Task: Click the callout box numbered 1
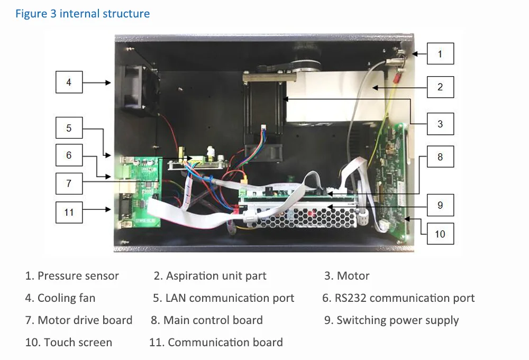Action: pos(440,53)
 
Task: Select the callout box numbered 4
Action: pos(69,82)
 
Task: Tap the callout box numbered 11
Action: pos(69,213)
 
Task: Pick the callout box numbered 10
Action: pos(440,234)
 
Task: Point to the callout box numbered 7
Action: pos(69,183)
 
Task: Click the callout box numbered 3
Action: pos(440,124)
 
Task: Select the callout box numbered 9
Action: pos(440,205)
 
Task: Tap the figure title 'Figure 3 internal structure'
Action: pos(83,14)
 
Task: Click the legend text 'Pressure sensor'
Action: pos(78,276)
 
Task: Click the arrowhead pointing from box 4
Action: pos(108,82)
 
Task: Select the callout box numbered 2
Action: pos(440,87)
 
